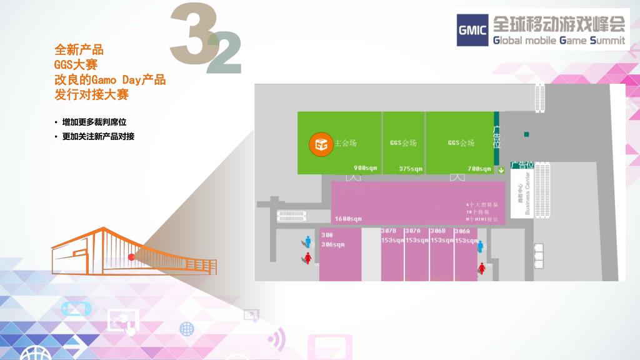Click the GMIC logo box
472,31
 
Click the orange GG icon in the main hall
321,144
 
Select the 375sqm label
411,168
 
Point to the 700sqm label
479,168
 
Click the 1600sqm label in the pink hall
348,219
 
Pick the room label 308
327,235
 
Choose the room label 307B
389,231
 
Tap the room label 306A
462,231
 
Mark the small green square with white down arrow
501,169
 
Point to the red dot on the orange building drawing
131,256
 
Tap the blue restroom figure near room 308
307,241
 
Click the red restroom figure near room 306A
482,268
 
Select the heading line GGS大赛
76,64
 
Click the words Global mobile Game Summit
559,41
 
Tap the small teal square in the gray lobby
527,134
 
